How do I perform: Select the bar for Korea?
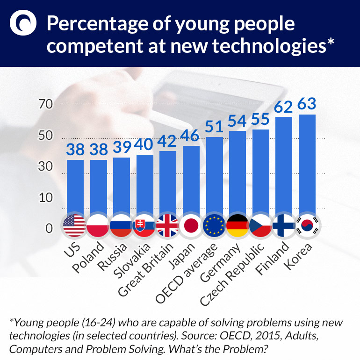pos(307,164)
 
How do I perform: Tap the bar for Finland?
pos(284,166)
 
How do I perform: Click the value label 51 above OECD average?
pos(215,126)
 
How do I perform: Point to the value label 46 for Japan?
pos(191,136)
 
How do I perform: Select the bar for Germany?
pos(238,173)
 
